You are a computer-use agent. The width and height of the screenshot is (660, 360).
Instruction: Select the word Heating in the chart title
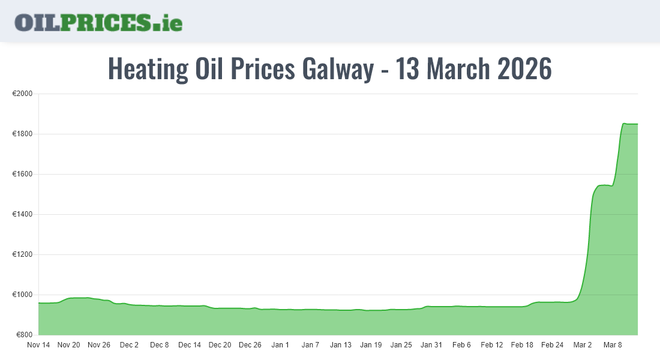click(148, 69)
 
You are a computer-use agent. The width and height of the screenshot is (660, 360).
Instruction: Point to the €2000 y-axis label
click(22, 94)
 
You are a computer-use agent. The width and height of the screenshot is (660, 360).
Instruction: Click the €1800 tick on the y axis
click(22, 134)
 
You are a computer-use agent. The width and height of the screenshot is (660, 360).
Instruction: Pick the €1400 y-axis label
click(22, 215)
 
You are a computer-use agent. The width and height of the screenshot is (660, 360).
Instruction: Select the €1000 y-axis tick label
click(22, 295)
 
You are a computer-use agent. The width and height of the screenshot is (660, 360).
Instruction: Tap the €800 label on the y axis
click(24, 335)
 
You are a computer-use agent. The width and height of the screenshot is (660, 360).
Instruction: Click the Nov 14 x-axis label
click(38, 345)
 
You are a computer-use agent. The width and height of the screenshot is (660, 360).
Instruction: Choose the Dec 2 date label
click(129, 345)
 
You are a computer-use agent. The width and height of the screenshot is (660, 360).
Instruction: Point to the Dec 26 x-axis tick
click(250, 345)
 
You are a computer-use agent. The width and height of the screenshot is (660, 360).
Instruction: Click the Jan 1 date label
click(280, 345)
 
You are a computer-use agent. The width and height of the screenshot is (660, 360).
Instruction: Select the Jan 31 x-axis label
click(431, 345)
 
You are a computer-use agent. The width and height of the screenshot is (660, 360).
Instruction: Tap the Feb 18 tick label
click(522, 345)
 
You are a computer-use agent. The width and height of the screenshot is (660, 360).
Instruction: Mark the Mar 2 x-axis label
click(582, 345)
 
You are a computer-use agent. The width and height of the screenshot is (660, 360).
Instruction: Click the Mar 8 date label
click(613, 345)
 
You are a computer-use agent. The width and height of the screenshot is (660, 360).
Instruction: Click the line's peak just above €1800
click(625, 123)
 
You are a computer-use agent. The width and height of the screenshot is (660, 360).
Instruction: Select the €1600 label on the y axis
click(22, 175)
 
